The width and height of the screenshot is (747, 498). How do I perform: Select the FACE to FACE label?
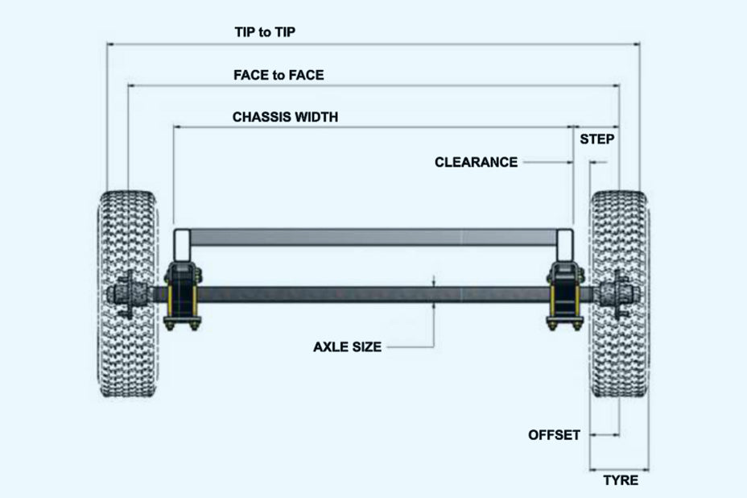tap(279, 75)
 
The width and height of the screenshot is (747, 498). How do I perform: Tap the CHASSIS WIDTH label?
tap(285, 117)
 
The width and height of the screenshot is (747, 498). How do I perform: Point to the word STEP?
tap(597, 139)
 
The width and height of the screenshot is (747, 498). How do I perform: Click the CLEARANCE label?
tap(476, 162)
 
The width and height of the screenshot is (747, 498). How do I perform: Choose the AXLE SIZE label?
tap(347, 347)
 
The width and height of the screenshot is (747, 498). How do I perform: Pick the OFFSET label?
tap(554, 435)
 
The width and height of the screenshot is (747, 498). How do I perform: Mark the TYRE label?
tap(621, 480)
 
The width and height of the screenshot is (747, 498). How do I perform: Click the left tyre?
tap(129, 294)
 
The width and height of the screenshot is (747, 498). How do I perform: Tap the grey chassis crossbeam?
tap(370, 239)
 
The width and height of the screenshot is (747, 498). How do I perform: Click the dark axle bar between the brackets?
tap(370, 293)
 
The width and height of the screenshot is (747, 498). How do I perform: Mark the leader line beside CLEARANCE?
tap(547, 162)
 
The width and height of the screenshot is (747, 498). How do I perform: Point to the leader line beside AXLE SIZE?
tap(411, 347)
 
